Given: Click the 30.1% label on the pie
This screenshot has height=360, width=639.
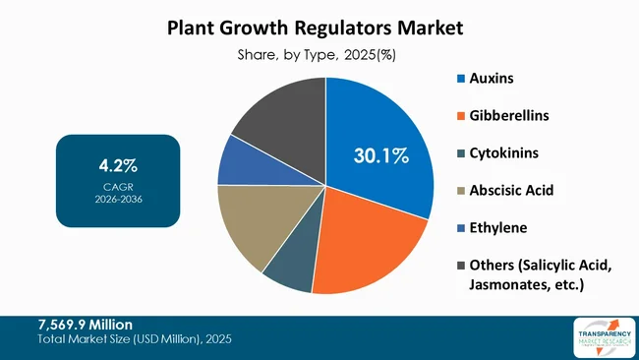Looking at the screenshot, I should pos(381,154).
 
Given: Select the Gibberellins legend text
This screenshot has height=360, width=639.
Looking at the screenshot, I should pos(509,115).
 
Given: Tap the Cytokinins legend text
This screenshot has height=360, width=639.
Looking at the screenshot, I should pos(504,152).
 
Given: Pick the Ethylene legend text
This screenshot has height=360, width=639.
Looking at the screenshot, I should pos(498,227).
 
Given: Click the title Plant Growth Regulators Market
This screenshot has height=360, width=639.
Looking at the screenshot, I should pos(319,28).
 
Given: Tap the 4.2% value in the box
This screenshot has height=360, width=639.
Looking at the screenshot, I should pos(118,161).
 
